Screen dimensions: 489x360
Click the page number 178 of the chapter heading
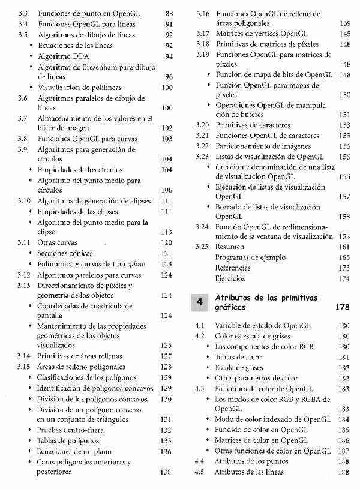coord(342,307)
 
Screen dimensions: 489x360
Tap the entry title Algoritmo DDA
coord(60,56)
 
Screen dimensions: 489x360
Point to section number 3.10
coord(23,200)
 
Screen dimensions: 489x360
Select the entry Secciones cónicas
coord(65,253)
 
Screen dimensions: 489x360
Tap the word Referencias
coord(233,268)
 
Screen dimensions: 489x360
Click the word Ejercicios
coord(230,278)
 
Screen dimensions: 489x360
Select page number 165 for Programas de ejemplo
coord(344,257)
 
